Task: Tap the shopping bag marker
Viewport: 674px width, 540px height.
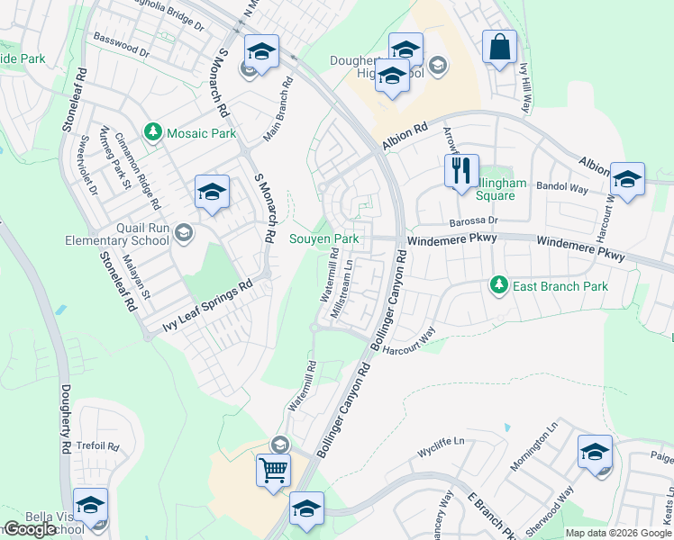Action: coord(499,47)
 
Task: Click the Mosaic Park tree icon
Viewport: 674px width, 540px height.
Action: coord(153,133)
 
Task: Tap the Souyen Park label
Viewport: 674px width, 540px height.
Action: coord(323,239)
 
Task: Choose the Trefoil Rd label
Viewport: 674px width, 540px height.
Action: coord(98,445)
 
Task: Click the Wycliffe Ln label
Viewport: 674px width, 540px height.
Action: coord(441,442)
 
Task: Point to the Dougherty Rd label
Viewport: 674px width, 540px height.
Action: coord(66,419)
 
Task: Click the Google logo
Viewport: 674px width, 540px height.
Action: coord(30,529)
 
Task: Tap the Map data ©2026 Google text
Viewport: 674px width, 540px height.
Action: coord(617,533)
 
